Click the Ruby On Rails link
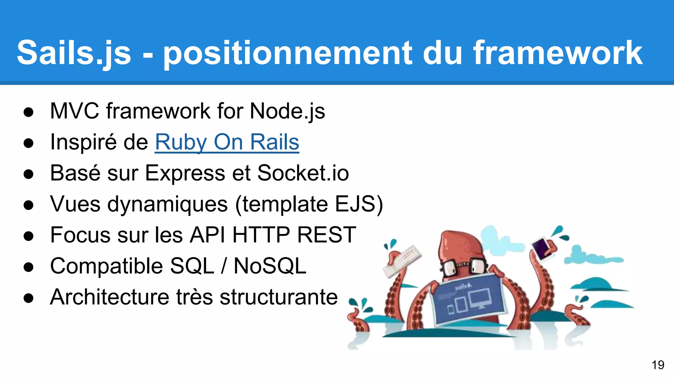(227, 142)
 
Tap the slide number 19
(658, 365)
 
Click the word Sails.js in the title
(74, 53)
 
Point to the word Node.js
(287, 111)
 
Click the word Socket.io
(303, 173)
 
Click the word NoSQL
(270, 266)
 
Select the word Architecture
(109, 297)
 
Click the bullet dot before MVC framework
(29, 112)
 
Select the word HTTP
(261, 235)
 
